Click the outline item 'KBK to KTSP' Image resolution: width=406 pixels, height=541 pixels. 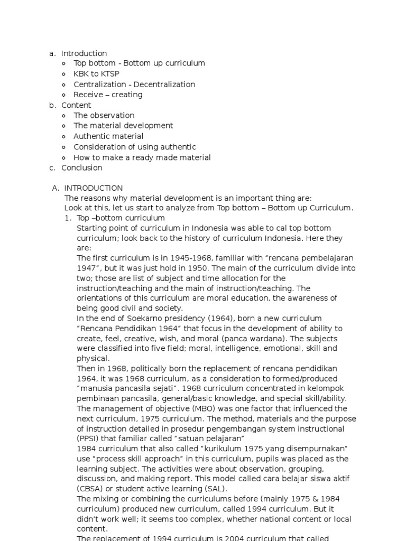click(96, 74)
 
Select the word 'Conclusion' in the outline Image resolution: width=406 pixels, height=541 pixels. click(81, 167)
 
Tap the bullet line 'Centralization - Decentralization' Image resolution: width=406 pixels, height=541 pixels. click(134, 85)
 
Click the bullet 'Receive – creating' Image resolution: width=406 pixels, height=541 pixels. click(108, 95)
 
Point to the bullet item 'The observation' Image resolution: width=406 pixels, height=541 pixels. click(104, 115)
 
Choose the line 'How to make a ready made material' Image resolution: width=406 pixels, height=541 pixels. click(142, 157)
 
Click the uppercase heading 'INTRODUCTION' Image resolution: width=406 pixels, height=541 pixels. click(93, 188)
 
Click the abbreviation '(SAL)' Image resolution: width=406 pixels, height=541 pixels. click(210, 489)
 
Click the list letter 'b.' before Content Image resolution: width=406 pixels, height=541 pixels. click(52, 105)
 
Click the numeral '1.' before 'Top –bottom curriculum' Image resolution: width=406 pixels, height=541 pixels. click(68, 218)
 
